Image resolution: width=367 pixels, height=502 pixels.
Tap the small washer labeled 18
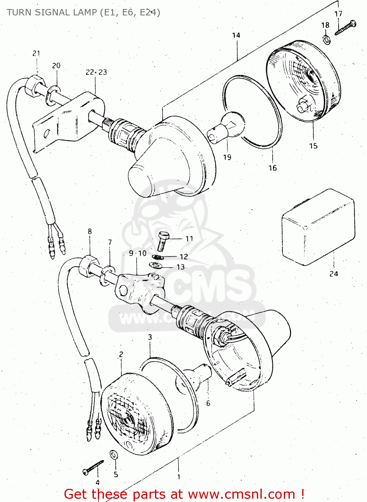tap(326, 39)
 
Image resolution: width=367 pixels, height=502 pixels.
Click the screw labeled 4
tap(94, 467)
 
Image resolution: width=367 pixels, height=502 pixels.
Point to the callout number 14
tap(236, 35)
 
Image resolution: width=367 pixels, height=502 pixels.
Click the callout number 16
tap(273, 168)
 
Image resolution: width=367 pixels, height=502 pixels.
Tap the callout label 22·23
tap(96, 72)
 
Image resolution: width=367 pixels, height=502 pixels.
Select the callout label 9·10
tap(138, 253)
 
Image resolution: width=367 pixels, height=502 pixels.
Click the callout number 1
tap(179, 477)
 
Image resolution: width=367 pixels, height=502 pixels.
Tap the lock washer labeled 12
tap(158, 257)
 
